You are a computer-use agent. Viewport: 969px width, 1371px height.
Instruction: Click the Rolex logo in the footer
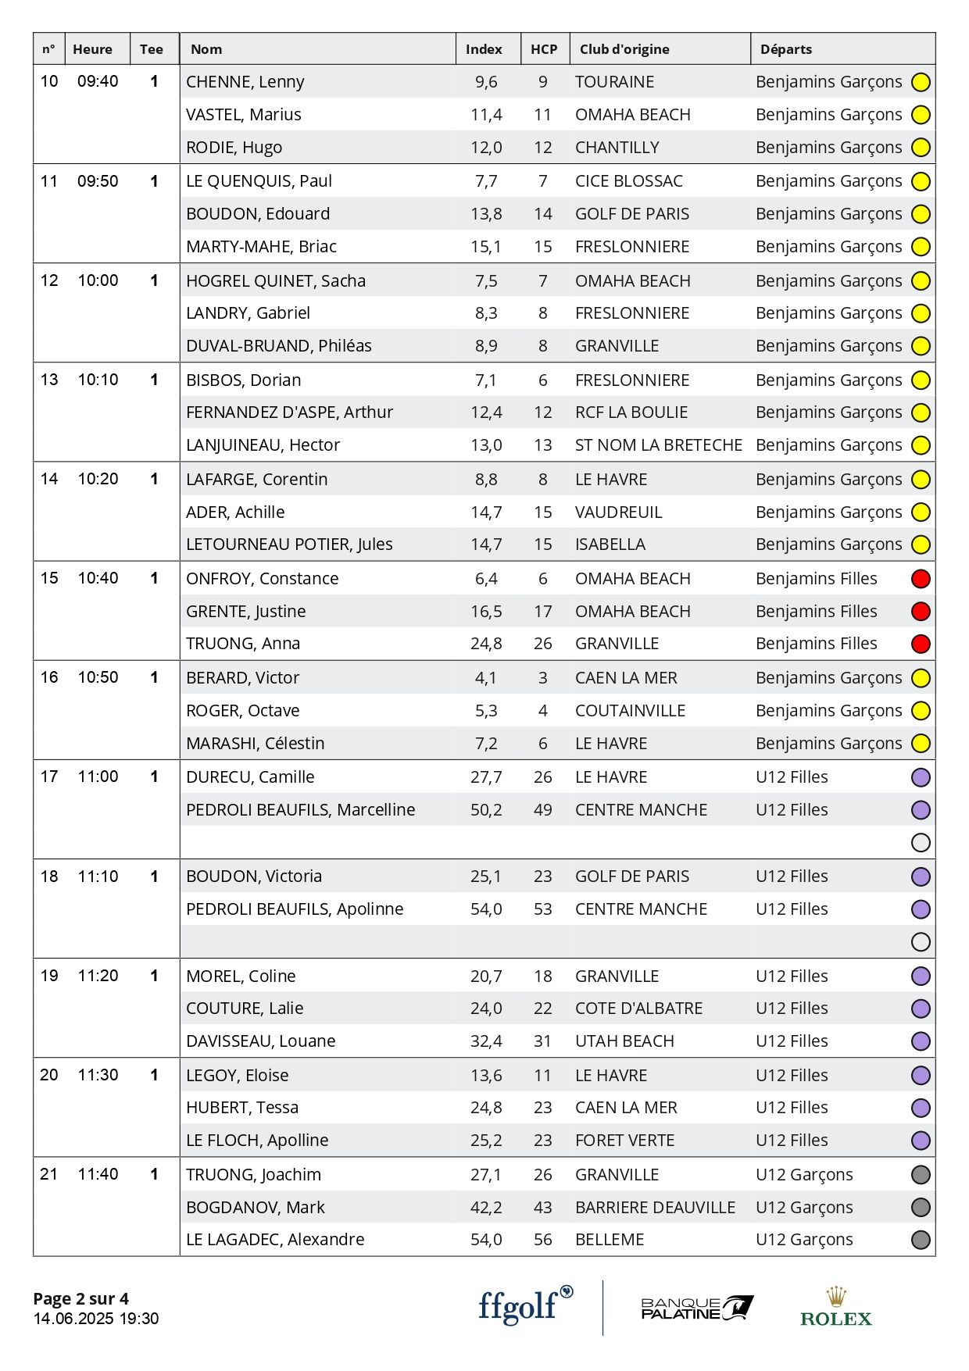[x=835, y=1308]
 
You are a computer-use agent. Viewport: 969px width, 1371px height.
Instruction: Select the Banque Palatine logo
[x=696, y=1308]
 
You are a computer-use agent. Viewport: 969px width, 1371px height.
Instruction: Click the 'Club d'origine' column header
[x=624, y=49]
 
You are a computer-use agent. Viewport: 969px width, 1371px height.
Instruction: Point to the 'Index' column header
[x=484, y=49]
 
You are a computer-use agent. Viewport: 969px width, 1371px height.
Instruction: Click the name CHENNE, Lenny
[x=245, y=82]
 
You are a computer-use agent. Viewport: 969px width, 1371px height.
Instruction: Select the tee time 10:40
[x=98, y=578]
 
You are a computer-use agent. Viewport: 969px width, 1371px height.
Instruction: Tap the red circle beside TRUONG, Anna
[x=921, y=644]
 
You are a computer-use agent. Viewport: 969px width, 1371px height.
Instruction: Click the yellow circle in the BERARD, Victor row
[x=921, y=678]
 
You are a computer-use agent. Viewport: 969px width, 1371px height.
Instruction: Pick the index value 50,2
[x=486, y=810]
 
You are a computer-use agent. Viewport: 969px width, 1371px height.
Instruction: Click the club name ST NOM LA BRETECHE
[x=658, y=445]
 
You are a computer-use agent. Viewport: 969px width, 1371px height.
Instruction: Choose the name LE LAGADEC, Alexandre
[x=275, y=1240]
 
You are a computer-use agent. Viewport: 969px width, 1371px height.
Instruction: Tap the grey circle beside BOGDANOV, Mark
[x=921, y=1208]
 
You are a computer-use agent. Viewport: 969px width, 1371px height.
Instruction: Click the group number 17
[x=49, y=777]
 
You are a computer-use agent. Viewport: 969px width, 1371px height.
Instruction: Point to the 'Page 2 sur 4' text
[x=80, y=1298]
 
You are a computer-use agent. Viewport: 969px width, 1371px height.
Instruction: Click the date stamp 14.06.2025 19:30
[x=95, y=1319]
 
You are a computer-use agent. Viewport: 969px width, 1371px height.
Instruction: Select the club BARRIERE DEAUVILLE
[x=655, y=1208]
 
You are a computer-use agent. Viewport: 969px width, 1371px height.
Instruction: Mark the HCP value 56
[x=543, y=1240]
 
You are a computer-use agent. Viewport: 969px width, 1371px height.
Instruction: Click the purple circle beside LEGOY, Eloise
[x=921, y=1076]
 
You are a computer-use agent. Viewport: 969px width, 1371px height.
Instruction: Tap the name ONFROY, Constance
[x=262, y=579]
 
